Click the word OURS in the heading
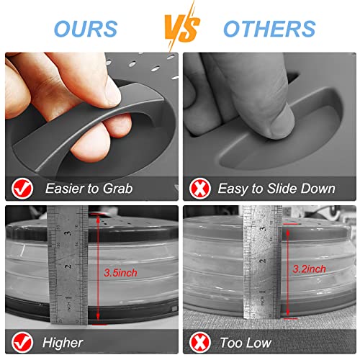(86, 29)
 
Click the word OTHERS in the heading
(269, 29)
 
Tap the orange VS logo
(181, 27)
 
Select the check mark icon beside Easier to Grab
(22, 189)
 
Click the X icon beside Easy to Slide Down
(200, 189)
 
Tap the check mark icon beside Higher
(22, 343)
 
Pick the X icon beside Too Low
(200, 343)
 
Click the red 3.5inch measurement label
(120, 273)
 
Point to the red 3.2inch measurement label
(309, 269)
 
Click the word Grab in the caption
(118, 189)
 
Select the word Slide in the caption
(282, 188)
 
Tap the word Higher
(63, 343)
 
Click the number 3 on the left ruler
(68, 233)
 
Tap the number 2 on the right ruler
(264, 261)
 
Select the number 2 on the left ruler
(69, 266)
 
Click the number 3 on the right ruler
(263, 228)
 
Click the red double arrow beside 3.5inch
(98, 267)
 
